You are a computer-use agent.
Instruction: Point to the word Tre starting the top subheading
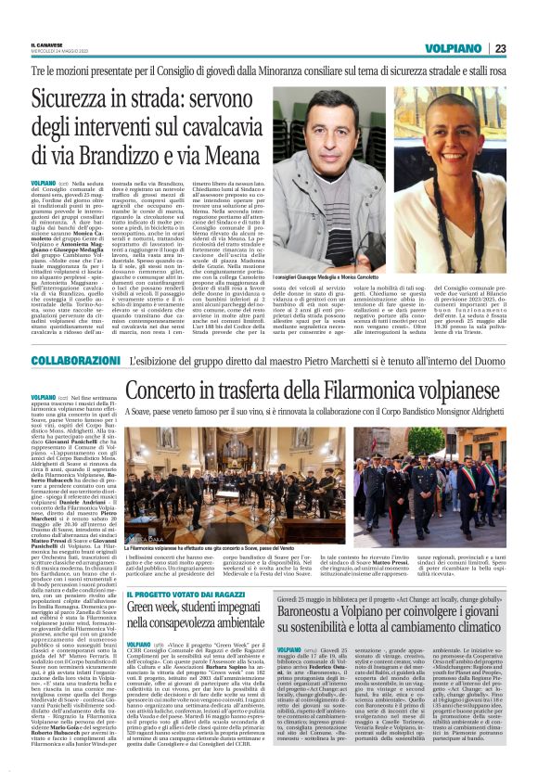coord(64,70)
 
